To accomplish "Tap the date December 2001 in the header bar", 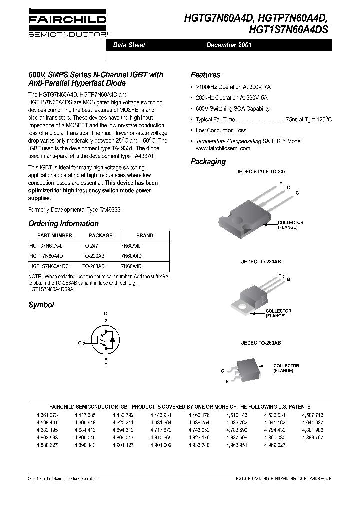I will point(229,45).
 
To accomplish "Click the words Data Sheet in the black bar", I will point(129,45).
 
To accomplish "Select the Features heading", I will point(205,75).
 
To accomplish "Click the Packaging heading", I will point(208,161).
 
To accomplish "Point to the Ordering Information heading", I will point(63,223).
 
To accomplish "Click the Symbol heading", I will point(41,304).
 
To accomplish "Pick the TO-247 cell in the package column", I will point(90,246).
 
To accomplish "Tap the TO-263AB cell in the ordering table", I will point(93,266).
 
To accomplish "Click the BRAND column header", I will point(145,235).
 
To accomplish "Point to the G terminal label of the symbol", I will point(79,343).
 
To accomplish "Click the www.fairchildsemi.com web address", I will point(223,148).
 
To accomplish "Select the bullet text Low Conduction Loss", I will point(221,130).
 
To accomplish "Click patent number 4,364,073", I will point(47,415).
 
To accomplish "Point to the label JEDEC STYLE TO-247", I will point(260,171).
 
